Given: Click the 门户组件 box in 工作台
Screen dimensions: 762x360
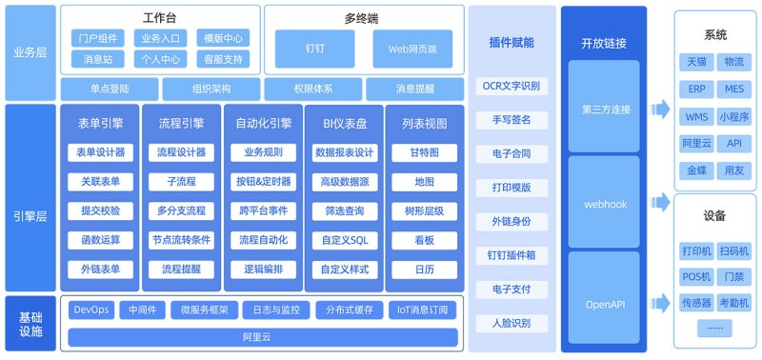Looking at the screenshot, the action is tap(98, 38).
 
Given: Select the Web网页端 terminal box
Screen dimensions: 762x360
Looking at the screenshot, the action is tap(412, 49).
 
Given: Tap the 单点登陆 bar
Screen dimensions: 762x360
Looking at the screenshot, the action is tap(110, 89).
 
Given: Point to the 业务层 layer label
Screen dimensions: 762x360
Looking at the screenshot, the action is tap(30, 52).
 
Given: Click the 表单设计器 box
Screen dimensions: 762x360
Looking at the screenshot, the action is tap(101, 152).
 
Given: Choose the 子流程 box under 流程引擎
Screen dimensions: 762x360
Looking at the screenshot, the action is tap(181, 182).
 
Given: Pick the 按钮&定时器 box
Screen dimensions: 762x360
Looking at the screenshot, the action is tap(263, 182).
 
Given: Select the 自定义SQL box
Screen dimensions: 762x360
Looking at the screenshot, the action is tap(345, 240).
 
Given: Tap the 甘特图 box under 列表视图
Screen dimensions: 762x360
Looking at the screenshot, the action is tap(424, 152).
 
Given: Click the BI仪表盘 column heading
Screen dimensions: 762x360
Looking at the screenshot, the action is tap(345, 124).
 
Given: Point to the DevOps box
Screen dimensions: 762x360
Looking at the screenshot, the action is tap(91, 310).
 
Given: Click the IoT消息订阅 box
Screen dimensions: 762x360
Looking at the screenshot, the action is tap(422, 310).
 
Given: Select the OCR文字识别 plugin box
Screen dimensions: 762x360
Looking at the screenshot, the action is tap(511, 87).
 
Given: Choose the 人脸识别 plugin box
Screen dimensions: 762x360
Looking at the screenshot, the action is tap(511, 324).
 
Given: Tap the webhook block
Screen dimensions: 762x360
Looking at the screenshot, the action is tap(604, 203).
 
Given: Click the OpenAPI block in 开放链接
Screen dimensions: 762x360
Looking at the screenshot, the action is tap(604, 305).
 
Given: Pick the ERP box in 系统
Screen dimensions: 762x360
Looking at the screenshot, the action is tap(697, 90).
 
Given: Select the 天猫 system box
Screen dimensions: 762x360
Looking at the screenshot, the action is tap(697, 62).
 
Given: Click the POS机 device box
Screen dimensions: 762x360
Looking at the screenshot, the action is tap(697, 277).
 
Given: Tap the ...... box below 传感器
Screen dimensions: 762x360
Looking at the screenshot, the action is tap(714, 328).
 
